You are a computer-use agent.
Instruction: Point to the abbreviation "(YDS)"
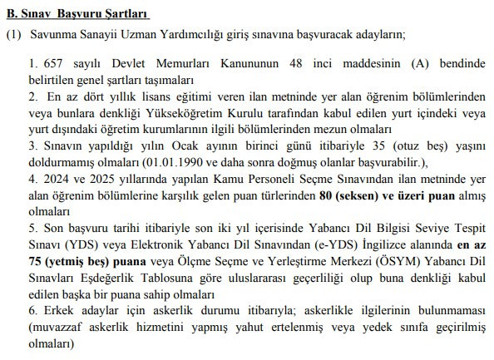(x=77, y=245)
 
